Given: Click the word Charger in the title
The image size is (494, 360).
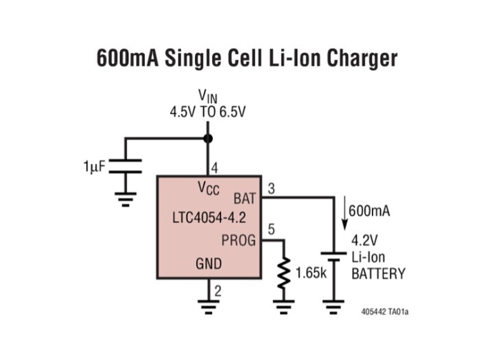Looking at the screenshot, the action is [362, 58].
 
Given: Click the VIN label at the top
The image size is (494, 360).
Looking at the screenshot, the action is [208, 96].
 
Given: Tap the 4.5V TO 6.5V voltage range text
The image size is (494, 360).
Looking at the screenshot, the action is [208, 112].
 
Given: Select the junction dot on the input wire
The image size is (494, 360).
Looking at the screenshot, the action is [208, 139].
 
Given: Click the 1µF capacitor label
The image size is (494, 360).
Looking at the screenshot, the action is [94, 167].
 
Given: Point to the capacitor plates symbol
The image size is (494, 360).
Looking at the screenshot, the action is [126, 166].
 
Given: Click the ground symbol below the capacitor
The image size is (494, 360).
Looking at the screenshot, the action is [126, 200].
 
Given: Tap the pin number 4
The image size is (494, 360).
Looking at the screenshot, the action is [215, 168].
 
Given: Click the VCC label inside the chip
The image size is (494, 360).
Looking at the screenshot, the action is [209, 188].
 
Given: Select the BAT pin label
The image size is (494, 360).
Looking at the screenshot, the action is [244, 199].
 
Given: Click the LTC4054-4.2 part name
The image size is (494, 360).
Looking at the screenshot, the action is [209, 217].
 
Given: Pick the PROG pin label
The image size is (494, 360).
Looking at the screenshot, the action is [239, 240].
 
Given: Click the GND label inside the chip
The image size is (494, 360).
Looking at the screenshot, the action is [209, 263].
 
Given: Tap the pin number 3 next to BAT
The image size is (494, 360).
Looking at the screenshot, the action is [271, 189].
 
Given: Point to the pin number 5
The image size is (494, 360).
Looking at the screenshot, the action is [271, 229].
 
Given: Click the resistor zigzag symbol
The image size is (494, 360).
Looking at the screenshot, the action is [284, 273].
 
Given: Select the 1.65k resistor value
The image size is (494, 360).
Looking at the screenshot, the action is [311, 273].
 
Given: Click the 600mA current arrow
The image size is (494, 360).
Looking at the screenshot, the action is [345, 213].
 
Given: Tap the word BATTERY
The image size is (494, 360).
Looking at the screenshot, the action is [378, 274].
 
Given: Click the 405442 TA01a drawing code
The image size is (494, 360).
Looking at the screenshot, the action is [385, 312].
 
